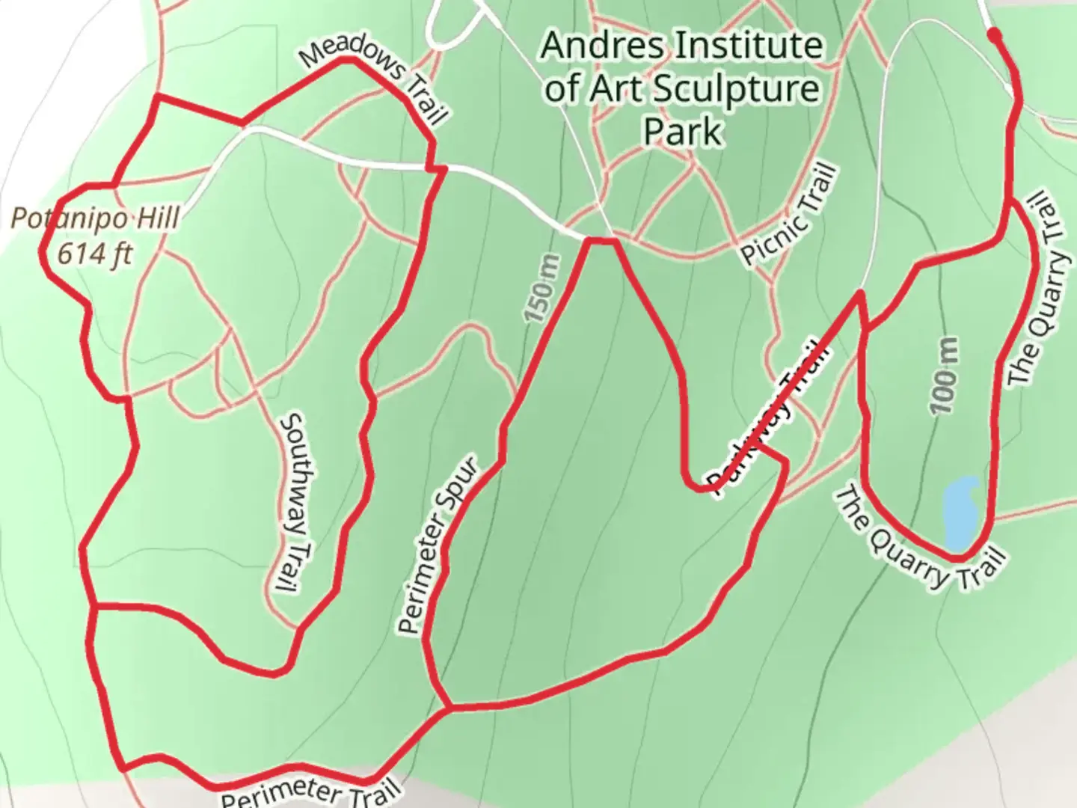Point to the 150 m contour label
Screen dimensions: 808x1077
pos(541,289)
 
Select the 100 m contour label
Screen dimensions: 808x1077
pos(944,375)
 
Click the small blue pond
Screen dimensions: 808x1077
pos(960,513)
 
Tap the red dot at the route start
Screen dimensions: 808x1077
pos(994,34)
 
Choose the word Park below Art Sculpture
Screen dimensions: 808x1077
pos(682,131)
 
